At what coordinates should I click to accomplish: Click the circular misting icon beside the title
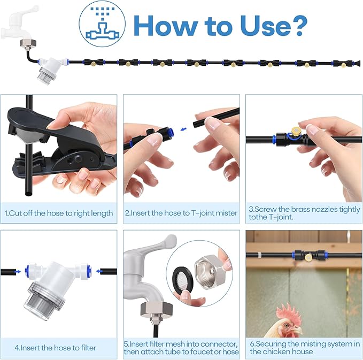[x=102, y=24]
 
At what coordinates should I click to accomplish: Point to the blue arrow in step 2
[x=183, y=129]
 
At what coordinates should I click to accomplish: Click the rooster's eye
[x=287, y=326]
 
